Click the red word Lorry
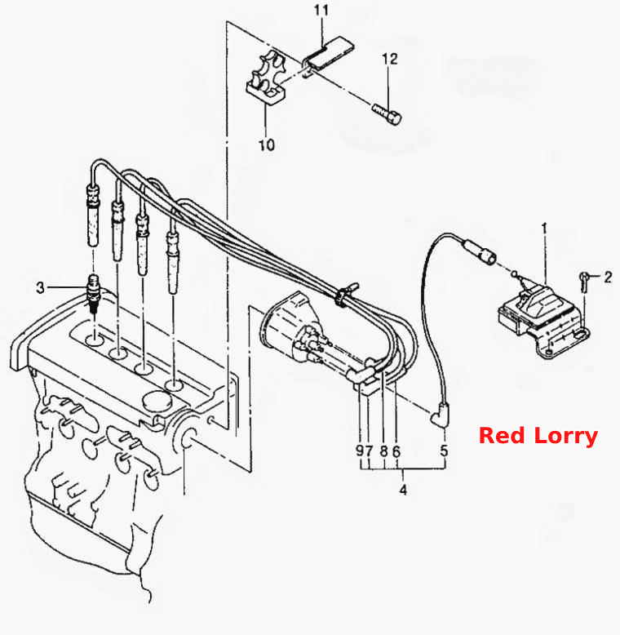[566, 437]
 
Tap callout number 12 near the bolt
[390, 59]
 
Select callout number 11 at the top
[321, 10]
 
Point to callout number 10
[266, 144]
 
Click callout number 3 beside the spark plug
[40, 287]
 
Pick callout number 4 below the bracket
[403, 490]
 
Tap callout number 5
[444, 451]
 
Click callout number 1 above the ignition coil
[544, 229]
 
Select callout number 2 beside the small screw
[608, 277]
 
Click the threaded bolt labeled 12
[387, 113]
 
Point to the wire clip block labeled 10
[266, 80]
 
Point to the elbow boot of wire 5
[440, 415]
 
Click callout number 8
[384, 451]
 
